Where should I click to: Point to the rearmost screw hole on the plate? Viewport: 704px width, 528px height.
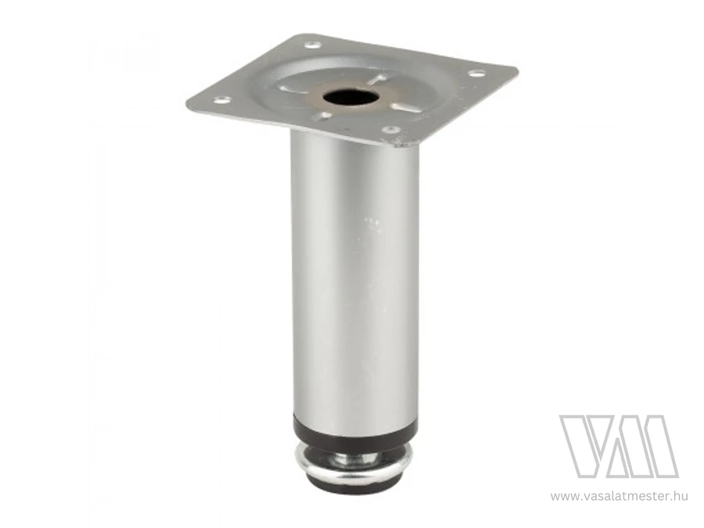point(313,45)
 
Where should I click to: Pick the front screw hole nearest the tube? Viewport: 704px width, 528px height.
point(390,130)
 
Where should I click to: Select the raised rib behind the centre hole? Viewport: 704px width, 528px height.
point(375,80)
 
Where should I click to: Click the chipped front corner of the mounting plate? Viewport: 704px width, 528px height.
point(401,144)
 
